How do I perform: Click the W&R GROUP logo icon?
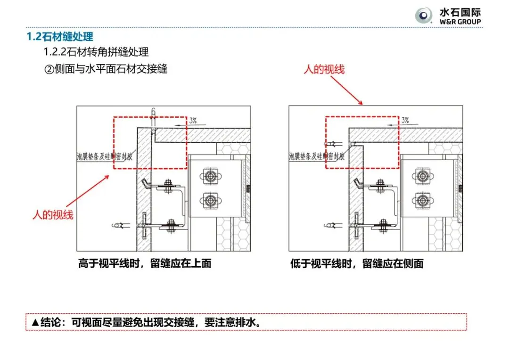tap(423, 16)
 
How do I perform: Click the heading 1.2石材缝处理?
tap(59, 36)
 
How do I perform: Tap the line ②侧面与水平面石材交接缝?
tap(106, 69)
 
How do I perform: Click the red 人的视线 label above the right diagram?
tap(324, 70)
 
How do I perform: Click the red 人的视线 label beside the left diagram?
tap(53, 215)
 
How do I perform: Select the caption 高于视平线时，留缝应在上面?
tap(145, 263)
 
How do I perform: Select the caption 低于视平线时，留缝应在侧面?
tap(357, 263)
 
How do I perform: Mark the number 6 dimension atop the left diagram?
tap(153, 111)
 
